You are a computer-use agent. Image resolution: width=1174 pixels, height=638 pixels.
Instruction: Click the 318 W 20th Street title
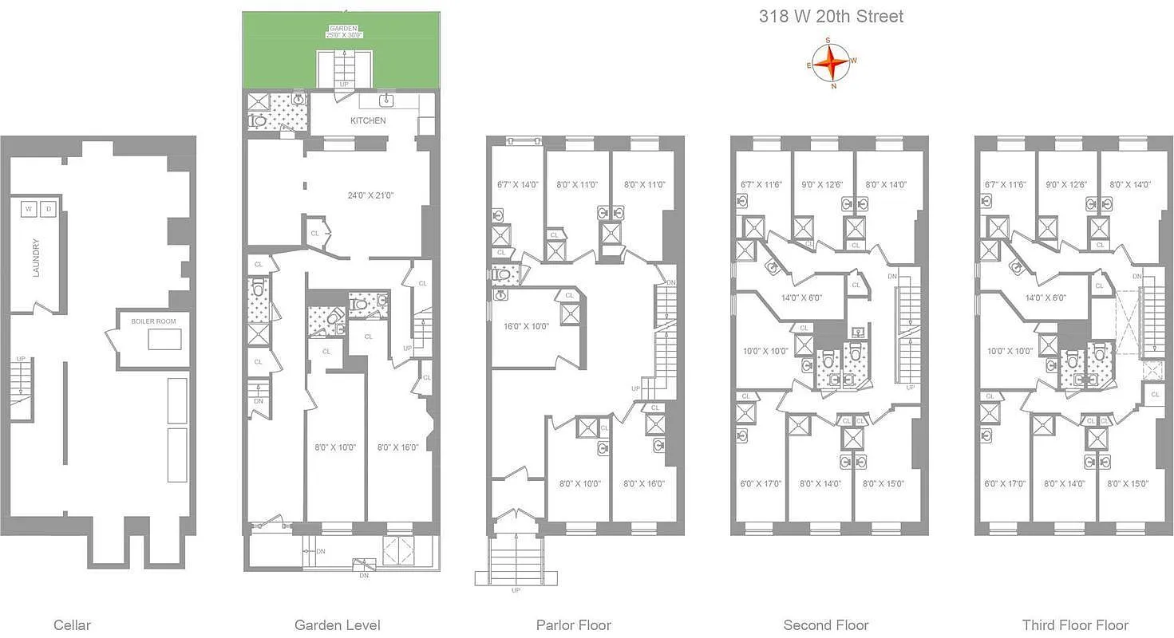(x=831, y=17)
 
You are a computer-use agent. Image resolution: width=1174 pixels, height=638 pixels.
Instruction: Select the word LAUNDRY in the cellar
(x=36, y=258)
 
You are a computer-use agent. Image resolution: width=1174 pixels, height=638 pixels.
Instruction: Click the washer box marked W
(x=29, y=210)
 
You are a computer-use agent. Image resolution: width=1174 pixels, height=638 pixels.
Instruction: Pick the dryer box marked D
(x=48, y=210)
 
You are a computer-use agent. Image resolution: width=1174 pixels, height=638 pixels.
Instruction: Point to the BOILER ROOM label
(x=154, y=321)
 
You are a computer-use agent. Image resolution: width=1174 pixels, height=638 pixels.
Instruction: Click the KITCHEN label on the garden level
(x=368, y=121)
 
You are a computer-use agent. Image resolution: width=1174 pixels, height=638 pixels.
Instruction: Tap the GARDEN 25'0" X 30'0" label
(x=343, y=31)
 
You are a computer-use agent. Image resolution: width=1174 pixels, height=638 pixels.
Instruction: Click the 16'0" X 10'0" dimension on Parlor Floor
(x=525, y=326)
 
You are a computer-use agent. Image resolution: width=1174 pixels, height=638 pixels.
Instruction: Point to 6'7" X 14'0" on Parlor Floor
(x=518, y=185)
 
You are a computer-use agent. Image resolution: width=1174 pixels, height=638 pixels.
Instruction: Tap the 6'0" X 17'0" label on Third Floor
(x=1005, y=483)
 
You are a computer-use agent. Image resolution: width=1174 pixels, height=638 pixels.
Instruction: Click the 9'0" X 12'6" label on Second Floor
(x=822, y=185)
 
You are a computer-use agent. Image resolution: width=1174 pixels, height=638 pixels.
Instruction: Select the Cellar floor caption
(x=72, y=625)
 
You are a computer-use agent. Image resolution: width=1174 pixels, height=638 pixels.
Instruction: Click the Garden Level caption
(x=337, y=625)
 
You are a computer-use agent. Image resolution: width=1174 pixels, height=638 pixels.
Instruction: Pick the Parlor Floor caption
(x=573, y=625)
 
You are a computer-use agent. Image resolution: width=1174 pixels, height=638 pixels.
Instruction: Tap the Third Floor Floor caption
(x=1075, y=625)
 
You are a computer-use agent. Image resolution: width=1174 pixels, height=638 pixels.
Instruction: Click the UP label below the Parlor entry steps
(x=515, y=591)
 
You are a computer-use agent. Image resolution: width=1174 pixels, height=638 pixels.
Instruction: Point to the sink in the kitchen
(x=388, y=100)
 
